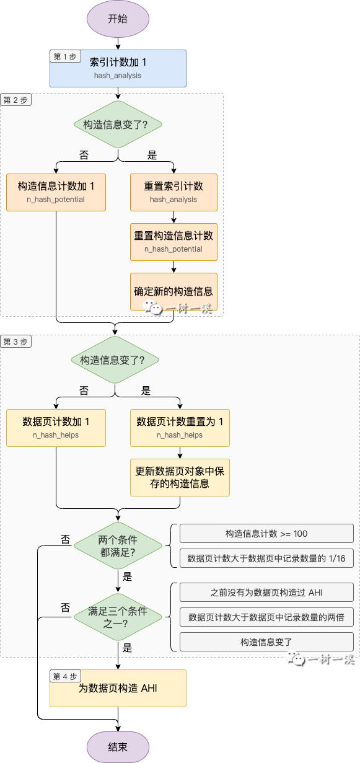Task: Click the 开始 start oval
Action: pyautogui.click(x=118, y=19)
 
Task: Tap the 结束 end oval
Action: pyautogui.click(x=118, y=747)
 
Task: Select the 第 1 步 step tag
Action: pyautogui.click(x=65, y=56)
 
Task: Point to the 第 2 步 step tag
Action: pyautogui.click(x=15, y=100)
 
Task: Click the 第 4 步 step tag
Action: pyautogui.click(x=65, y=676)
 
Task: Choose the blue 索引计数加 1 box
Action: pyautogui.click(x=118, y=68)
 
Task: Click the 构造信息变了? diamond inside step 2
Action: pyautogui.click(x=118, y=124)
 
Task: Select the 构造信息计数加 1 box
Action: pyautogui.click(x=56, y=192)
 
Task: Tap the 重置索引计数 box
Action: pyautogui.click(x=173, y=192)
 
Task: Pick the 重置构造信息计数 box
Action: pyautogui.click(x=173, y=242)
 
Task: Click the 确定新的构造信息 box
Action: pyautogui.click(x=173, y=291)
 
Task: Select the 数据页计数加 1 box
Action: pyautogui.click(x=56, y=428)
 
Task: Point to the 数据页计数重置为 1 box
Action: pyautogui.click(x=180, y=428)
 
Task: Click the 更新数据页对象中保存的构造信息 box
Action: pyautogui.click(x=180, y=477)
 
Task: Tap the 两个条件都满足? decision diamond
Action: pyautogui.click(x=118, y=545)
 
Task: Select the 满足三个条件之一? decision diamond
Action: pyautogui.click(x=118, y=617)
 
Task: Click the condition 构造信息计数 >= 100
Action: pyautogui.click(x=266, y=534)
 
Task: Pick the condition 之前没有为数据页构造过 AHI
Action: pyautogui.click(x=266, y=593)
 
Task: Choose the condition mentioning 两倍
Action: pyautogui.click(x=266, y=617)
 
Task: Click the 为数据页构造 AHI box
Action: pyautogui.click(x=118, y=688)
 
